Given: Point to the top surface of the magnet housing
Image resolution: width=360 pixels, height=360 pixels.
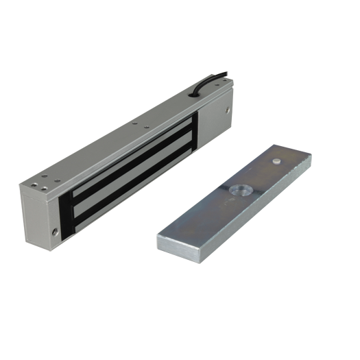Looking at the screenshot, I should point(123,127).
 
